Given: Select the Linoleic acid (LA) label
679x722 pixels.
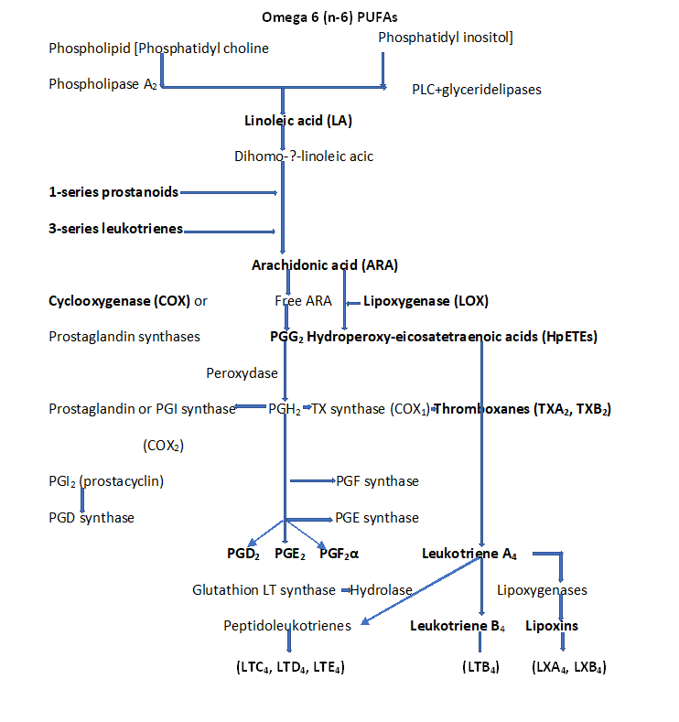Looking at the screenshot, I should pos(298,121).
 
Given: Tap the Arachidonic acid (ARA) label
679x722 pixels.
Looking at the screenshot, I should pos(325,265).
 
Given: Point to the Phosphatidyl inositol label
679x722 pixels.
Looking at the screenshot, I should pos(446,37).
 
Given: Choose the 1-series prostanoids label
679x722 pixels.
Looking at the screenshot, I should pos(113,192).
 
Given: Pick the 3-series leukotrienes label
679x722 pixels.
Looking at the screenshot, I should pos(115,229).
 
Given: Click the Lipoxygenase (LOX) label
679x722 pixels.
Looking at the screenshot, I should pos(426,300).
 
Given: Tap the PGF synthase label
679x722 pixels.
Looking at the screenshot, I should pos(377,481).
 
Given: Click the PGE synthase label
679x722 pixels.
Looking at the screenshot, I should pos(377,518).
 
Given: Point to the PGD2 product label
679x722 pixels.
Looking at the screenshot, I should pos(244,554).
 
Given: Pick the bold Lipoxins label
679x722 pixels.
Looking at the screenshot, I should pos(551,626).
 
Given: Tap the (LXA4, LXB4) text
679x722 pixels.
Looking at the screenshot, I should pos(568,667).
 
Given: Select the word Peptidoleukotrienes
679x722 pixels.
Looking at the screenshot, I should pos(287,626).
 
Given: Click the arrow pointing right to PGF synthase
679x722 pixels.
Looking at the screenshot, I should pos(311,480).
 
